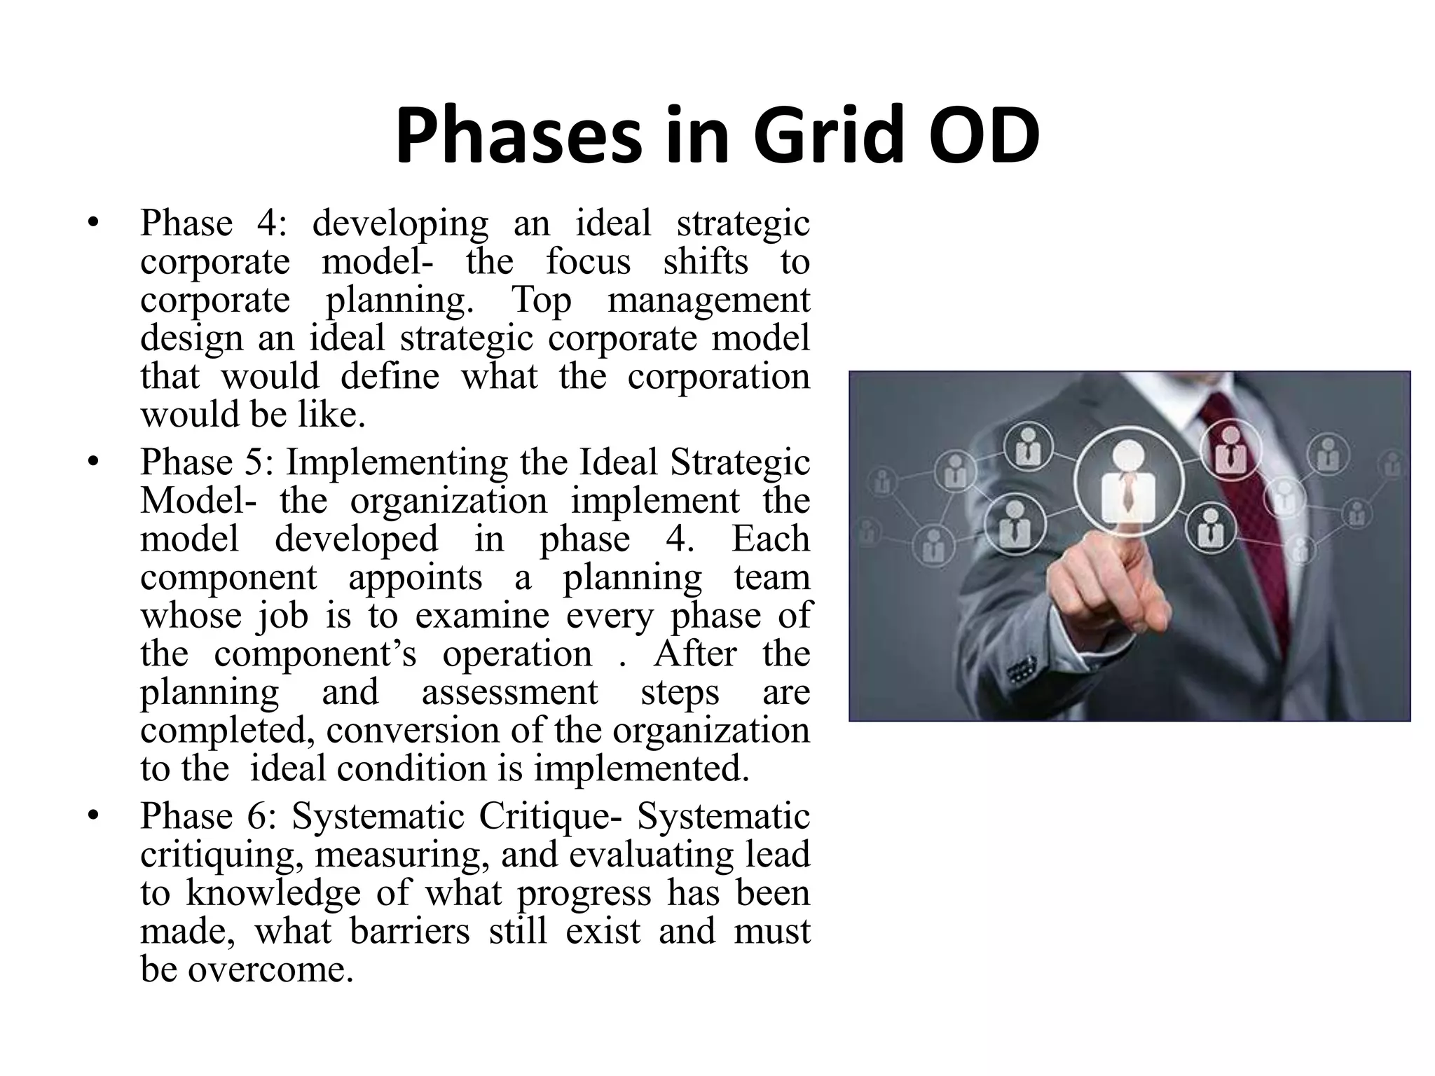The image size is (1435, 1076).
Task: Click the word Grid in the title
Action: coord(821,135)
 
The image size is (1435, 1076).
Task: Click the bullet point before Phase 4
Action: coord(92,224)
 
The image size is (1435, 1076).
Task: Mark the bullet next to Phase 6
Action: coord(92,817)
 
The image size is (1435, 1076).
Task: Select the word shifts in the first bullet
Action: coord(705,262)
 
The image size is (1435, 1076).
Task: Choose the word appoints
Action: coord(415,578)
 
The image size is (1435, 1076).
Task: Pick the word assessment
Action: coord(509,692)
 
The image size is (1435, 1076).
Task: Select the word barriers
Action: coord(409,932)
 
